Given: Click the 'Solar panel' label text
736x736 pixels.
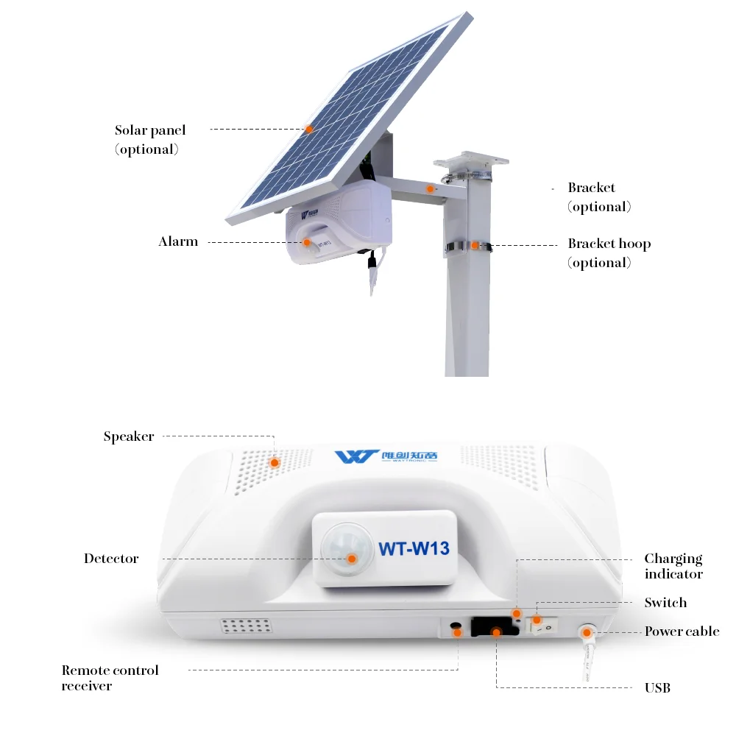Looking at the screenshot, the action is tap(150, 130).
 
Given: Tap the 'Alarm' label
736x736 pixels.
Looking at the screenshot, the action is tap(178, 241).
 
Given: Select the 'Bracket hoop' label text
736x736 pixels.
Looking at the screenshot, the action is tap(609, 244).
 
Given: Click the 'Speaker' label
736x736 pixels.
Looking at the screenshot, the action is tap(129, 436).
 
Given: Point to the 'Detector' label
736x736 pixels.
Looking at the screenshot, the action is tap(111, 558).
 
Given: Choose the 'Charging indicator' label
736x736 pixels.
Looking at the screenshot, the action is tap(673, 566).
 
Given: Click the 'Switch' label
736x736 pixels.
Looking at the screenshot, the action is tap(665, 602).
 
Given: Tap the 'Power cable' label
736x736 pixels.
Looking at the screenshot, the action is tap(682, 631).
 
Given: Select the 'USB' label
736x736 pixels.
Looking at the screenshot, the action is tap(657, 687).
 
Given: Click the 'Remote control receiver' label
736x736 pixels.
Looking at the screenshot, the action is tap(110, 678).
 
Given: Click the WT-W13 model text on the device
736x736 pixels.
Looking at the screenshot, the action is tap(414, 548).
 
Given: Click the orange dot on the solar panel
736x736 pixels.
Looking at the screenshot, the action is tap(309, 129).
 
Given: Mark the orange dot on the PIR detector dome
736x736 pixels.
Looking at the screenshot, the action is tap(352, 559).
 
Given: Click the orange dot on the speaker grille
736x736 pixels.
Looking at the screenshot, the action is tap(275, 463).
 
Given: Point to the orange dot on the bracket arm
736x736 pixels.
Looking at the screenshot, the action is tap(430, 189).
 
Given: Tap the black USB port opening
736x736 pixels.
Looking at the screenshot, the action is tap(495, 626).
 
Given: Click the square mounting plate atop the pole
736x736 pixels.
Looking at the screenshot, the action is tap(470, 160).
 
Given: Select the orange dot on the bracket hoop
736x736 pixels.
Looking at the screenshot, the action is tap(475, 245).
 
